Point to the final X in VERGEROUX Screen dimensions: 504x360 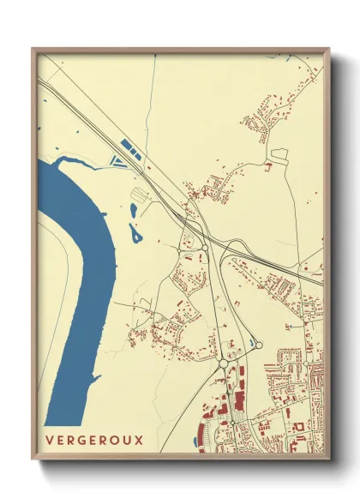pyautogui.click(x=138, y=441)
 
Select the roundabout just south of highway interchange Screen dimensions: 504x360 pyautogui.click(x=205, y=248)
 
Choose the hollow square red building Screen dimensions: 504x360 pyautogui.click(x=299, y=426)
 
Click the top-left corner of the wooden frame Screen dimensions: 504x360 pyautogui.click(x=33, y=49)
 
